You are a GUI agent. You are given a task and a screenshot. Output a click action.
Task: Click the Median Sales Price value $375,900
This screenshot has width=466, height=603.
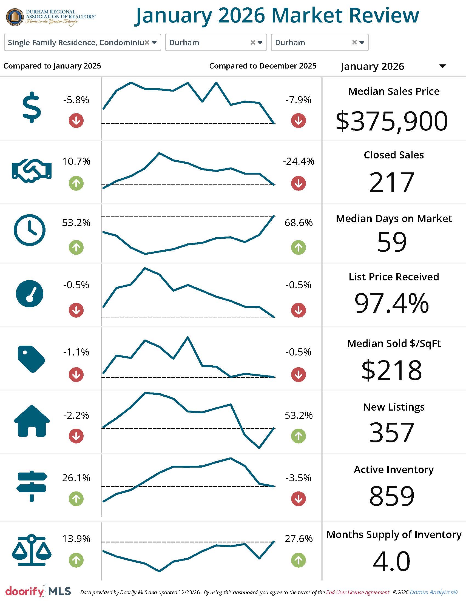click(391, 121)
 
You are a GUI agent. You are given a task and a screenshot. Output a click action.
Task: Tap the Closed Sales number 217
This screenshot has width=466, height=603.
click(391, 182)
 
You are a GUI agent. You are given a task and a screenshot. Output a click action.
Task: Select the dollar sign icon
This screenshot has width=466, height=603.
click(32, 107)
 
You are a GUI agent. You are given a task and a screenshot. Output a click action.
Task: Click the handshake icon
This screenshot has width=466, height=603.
click(32, 170)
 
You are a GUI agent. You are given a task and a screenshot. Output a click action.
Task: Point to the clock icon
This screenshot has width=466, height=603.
click(30, 230)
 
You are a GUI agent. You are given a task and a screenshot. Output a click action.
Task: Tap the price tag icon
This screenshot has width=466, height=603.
click(31, 359)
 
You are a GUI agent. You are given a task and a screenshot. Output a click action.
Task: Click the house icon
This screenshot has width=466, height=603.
click(32, 421)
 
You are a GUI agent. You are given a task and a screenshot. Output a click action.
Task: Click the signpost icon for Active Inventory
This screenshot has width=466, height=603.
click(32, 486)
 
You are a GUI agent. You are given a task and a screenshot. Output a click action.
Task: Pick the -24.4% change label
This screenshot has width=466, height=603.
click(299, 161)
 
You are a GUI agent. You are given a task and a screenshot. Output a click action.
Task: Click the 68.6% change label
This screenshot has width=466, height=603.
click(299, 223)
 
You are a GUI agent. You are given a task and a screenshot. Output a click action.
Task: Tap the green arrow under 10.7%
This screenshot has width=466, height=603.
click(76, 183)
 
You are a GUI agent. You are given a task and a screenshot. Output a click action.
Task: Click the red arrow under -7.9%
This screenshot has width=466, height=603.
click(299, 121)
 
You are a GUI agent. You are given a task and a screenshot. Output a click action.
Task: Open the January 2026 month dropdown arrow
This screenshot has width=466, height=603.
click(442, 66)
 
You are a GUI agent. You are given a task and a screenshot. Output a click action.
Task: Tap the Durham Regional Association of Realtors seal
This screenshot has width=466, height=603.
click(15, 17)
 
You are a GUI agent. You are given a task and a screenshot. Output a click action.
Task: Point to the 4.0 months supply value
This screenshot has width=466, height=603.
click(391, 561)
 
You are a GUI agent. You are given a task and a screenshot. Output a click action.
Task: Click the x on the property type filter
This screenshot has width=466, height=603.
click(147, 42)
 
